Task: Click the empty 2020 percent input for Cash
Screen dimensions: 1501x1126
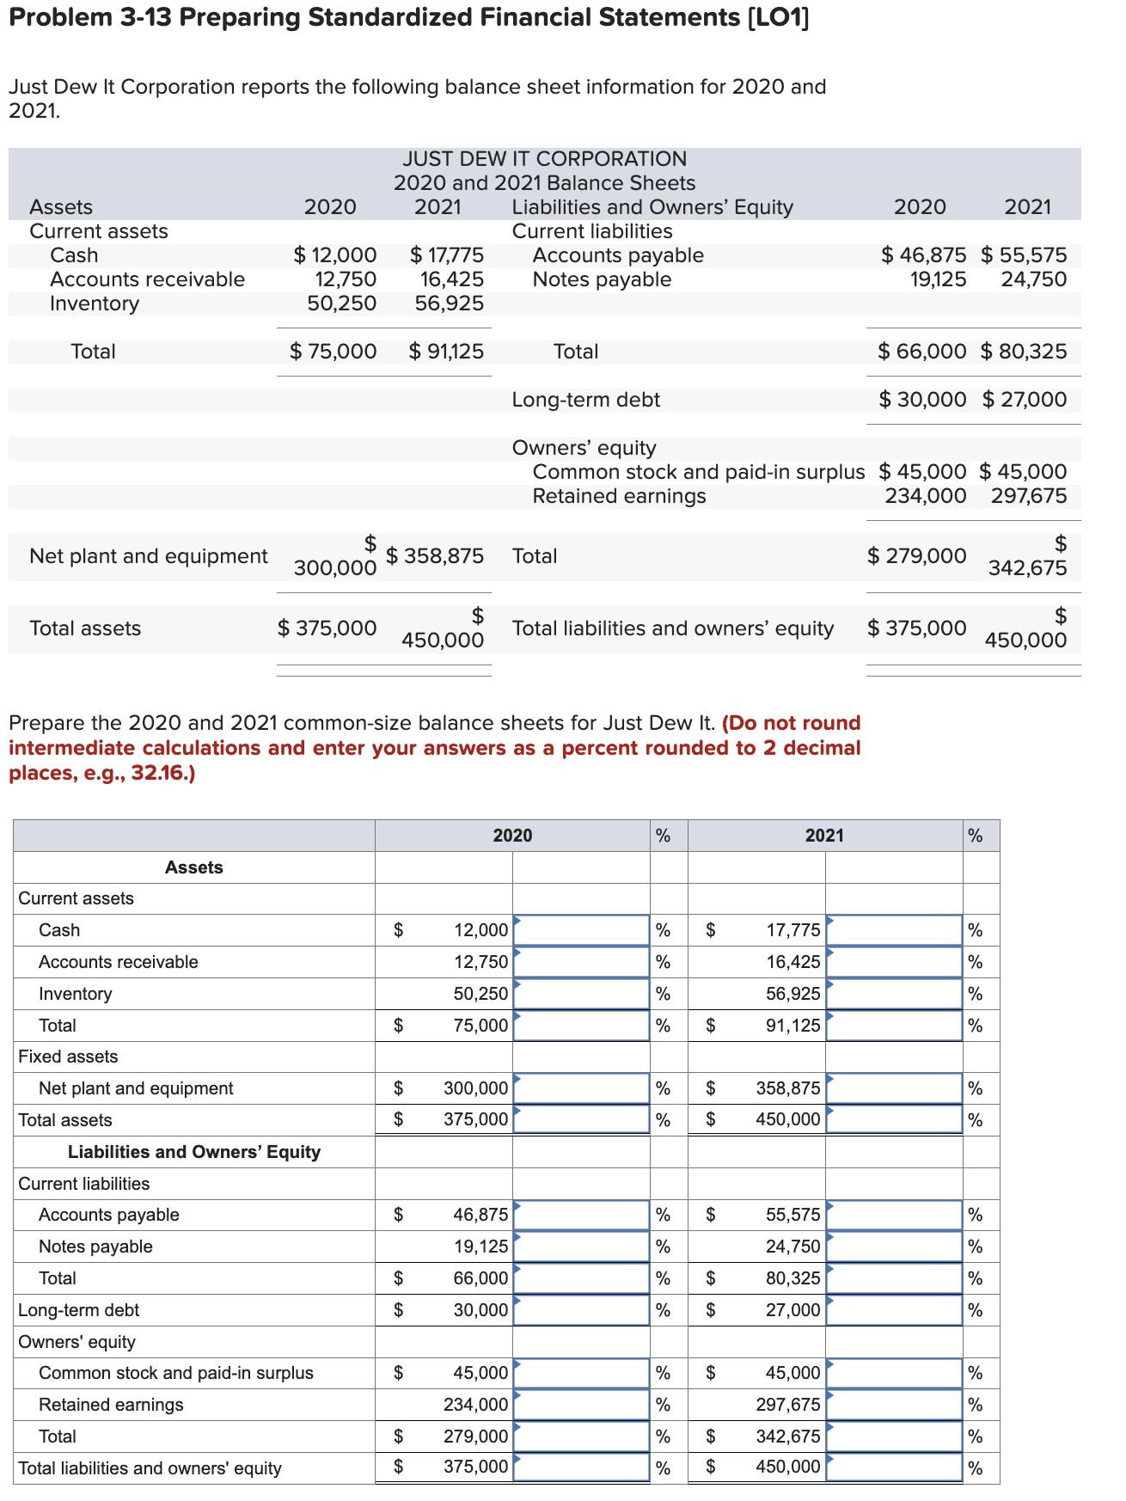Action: coord(581,929)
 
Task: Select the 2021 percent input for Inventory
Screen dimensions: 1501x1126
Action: coord(894,993)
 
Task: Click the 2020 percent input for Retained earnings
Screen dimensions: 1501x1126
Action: coord(581,1404)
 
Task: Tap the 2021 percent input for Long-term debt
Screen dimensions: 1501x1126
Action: coord(894,1309)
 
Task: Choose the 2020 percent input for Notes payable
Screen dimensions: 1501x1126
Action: coord(581,1246)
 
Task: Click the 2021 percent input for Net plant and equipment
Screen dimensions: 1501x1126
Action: coord(894,1087)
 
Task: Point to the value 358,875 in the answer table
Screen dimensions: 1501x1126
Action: coord(787,1087)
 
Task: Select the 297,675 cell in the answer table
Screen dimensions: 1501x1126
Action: coord(787,1404)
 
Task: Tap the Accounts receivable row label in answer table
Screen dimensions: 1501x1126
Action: coord(119,961)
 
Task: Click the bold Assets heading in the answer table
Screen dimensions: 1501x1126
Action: coord(193,867)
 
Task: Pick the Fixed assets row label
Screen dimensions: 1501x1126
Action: coord(68,1056)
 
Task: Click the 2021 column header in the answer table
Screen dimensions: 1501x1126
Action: coord(823,835)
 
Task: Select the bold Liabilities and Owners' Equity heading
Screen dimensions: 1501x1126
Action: coord(193,1151)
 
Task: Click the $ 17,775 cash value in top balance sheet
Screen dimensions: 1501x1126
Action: coord(447,255)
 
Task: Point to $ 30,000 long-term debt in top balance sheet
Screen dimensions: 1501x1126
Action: coord(922,400)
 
